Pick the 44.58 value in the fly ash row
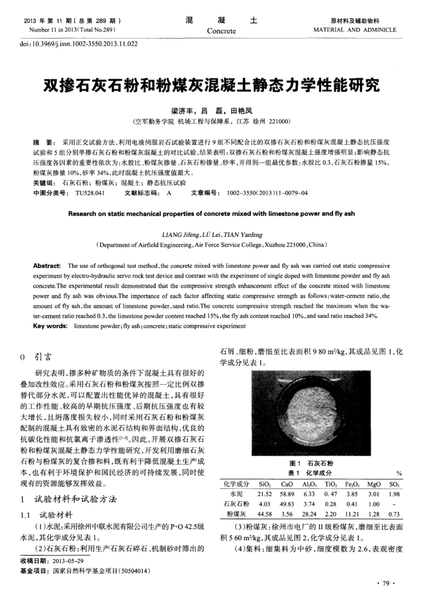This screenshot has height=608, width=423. [263, 514]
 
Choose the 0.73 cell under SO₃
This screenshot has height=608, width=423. [397, 514]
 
